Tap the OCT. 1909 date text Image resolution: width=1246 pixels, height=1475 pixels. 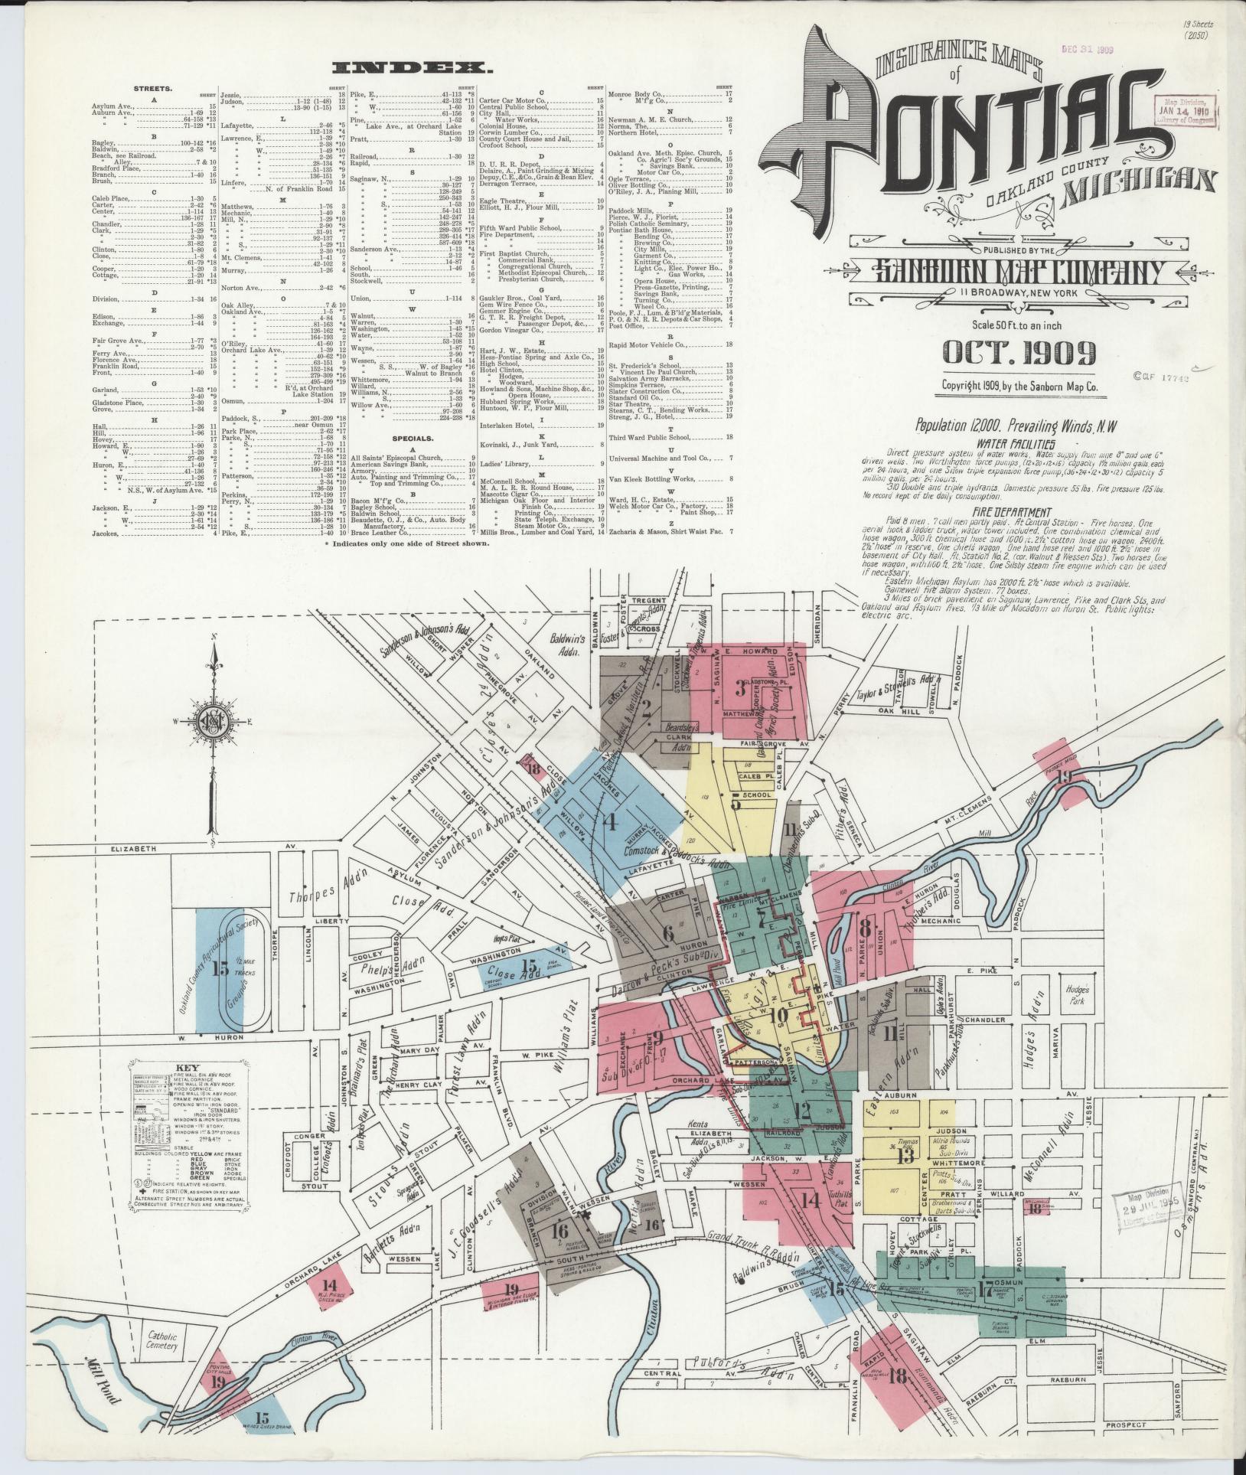coord(1019,354)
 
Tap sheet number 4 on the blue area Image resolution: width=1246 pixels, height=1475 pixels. coord(609,822)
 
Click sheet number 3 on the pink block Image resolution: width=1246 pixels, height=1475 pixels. coord(740,687)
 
